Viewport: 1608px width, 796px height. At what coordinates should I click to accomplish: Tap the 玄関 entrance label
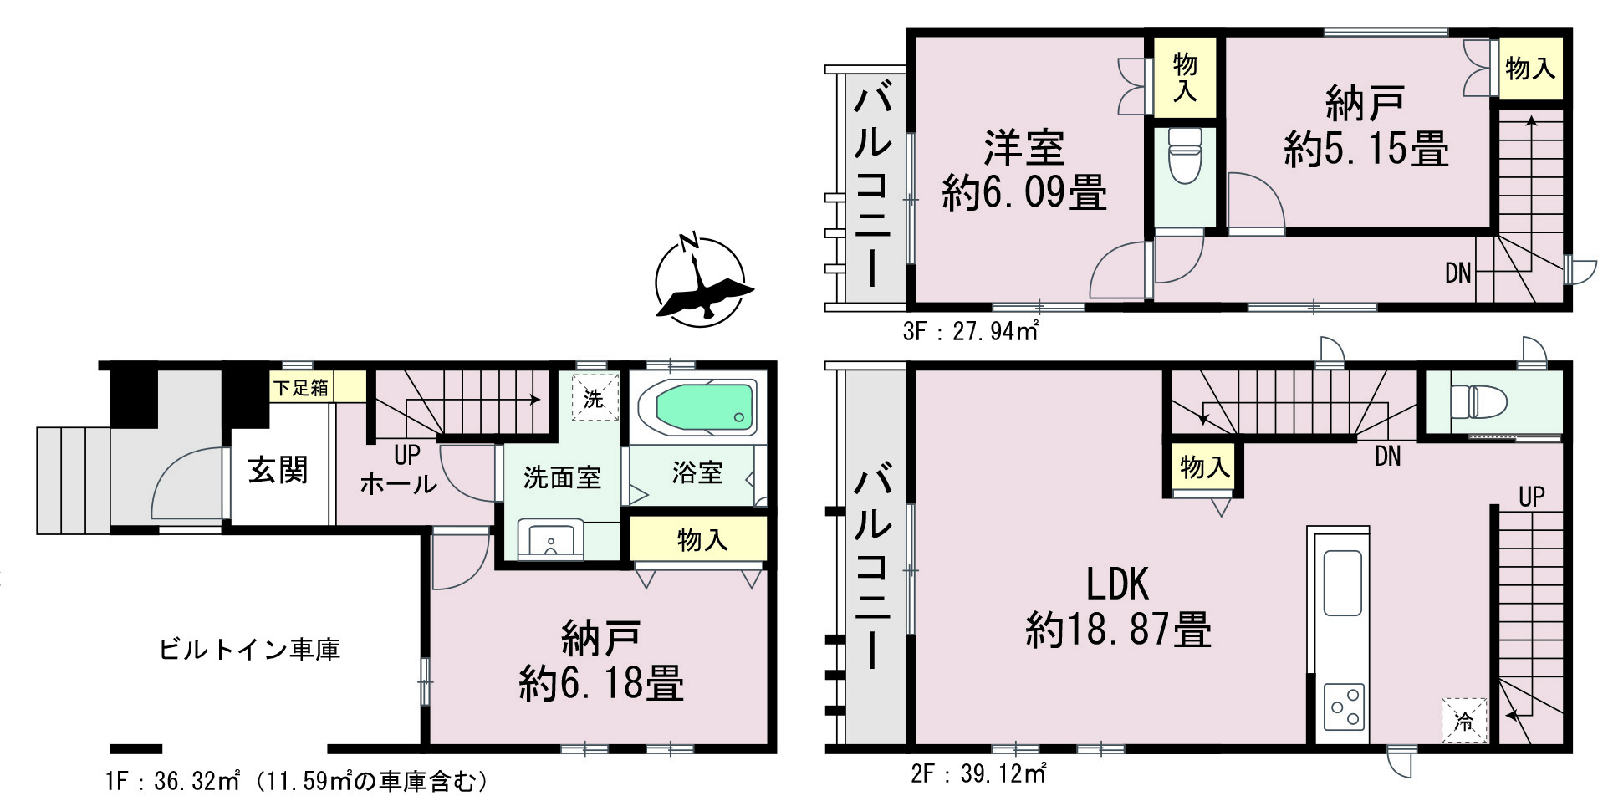coord(278,471)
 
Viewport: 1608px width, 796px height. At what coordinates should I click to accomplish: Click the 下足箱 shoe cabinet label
coord(302,388)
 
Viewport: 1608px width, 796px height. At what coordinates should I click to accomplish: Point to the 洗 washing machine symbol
coord(594,397)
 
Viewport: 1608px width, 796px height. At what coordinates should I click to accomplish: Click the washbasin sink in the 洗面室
coord(551,539)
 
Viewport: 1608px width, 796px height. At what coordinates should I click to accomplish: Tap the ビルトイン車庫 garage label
coord(249,650)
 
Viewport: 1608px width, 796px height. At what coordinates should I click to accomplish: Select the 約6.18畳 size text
coord(601,683)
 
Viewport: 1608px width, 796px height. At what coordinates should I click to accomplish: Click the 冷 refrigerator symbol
coord(1464,720)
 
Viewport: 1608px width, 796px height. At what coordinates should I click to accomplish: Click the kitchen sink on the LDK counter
coord(1342,583)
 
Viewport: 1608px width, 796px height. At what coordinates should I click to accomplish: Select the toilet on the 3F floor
coord(1184,156)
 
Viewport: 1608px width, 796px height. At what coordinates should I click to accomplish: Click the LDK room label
coord(1117,584)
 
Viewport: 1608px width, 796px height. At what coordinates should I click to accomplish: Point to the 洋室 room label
coord(1024,148)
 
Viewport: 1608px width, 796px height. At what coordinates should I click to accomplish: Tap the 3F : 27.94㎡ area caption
coord(970,332)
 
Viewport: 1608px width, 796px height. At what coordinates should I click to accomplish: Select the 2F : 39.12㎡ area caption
coord(978,773)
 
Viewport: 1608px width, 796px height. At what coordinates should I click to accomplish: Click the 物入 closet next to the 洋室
coord(1185,77)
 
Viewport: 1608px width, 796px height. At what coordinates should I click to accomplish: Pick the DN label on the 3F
coord(1457,273)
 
